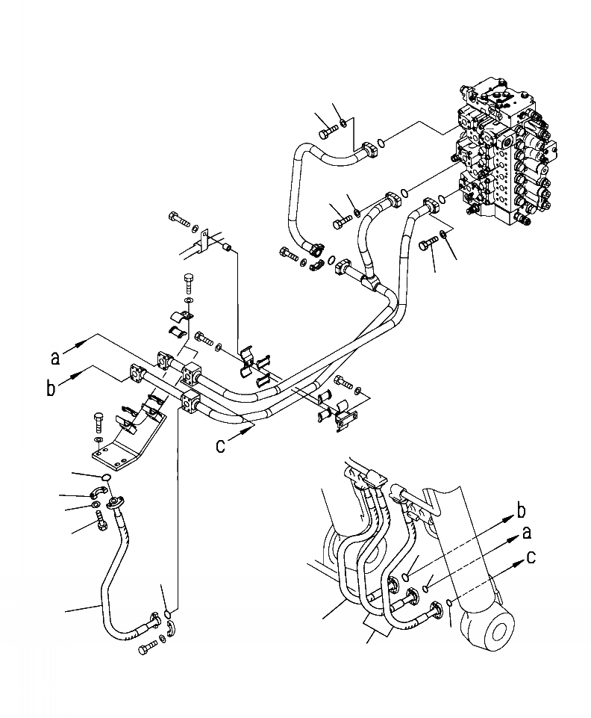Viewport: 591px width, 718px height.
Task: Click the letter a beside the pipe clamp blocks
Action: point(55,358)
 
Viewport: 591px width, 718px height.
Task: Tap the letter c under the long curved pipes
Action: point(221,445)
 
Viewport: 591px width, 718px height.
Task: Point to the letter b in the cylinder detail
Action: point(522,512)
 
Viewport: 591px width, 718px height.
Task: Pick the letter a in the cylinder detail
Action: point(526,533)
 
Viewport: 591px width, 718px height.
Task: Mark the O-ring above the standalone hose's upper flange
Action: point(106,479)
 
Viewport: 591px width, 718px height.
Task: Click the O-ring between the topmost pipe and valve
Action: point(381,142)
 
